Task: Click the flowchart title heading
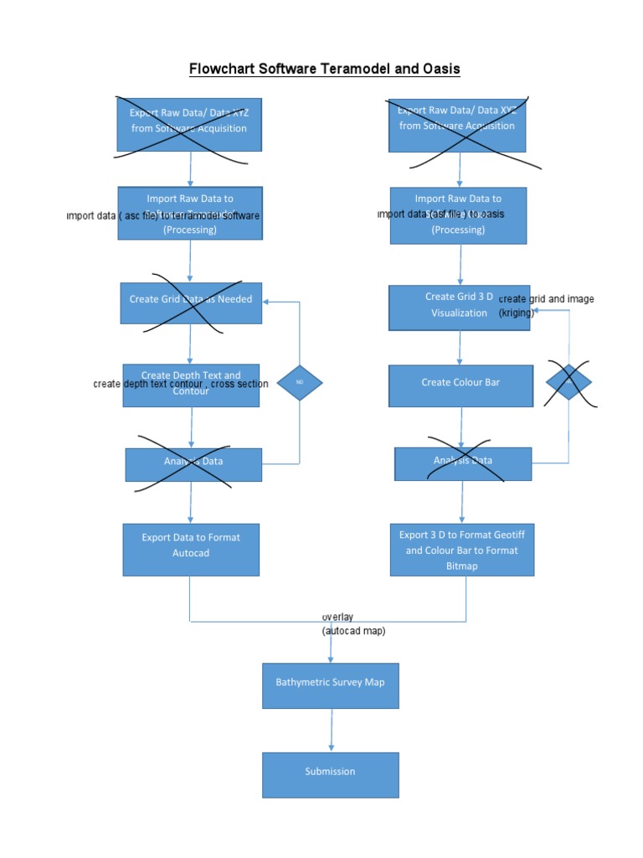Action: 324,69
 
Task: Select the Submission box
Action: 330,774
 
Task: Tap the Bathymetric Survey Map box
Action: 330,685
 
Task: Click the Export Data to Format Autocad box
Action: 191,550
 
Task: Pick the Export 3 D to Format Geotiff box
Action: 461,550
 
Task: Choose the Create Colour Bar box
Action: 460,385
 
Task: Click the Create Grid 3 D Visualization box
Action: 459,308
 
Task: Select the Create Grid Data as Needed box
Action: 191,302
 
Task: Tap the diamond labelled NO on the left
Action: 300,383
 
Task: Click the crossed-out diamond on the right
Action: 568,383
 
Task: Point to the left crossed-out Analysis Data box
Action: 193,464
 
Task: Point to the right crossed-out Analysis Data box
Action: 462,463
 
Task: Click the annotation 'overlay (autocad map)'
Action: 353,624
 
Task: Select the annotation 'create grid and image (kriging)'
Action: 545,306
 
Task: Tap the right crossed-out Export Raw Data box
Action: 457,124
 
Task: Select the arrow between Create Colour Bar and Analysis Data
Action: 461,426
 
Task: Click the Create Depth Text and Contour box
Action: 191,385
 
